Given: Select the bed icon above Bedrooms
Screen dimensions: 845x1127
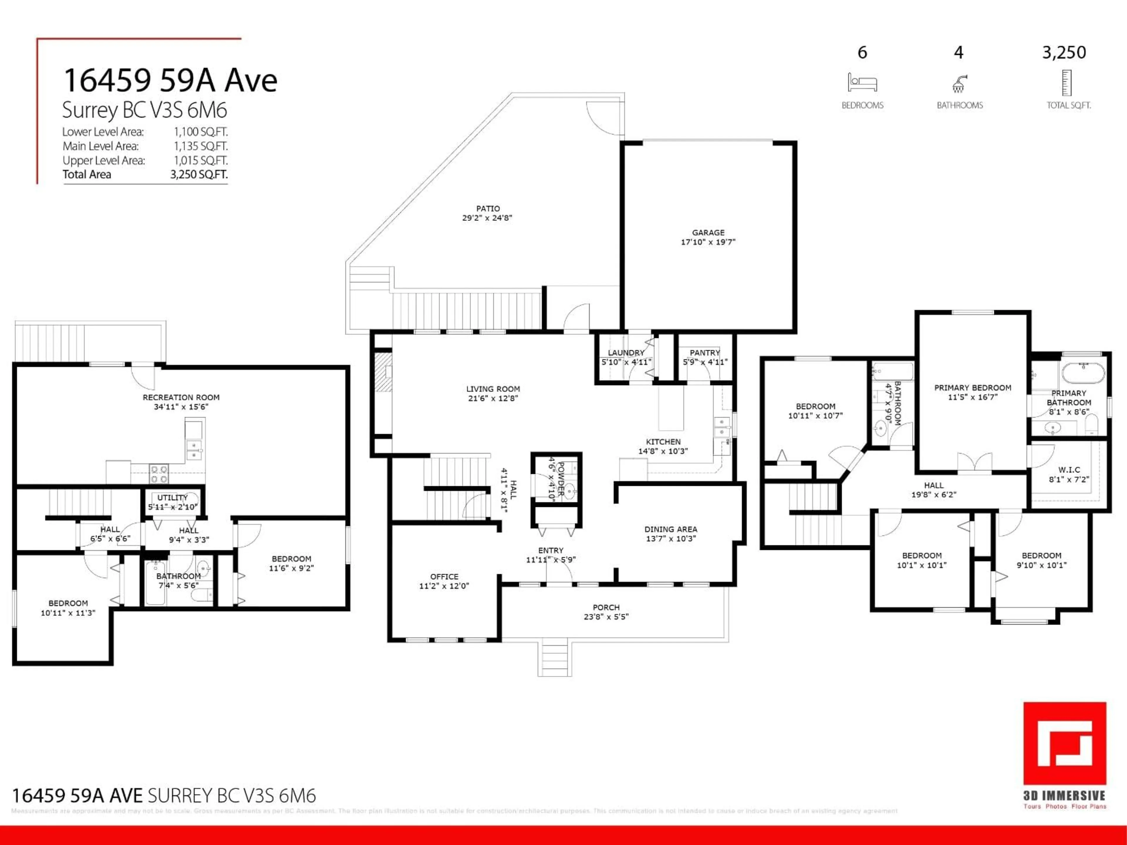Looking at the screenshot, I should pyautogui.click(x=862, y=82).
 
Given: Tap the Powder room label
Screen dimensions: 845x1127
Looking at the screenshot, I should pyautogui.click(x=561, y=479).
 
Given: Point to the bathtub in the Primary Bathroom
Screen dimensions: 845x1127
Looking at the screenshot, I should pyautogui.click(x=1083, y=372).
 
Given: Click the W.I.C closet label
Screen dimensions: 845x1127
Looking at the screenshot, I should pyautogui.click(x=1069, y=470).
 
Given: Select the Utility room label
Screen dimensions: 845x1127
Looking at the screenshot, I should pyautogui.click(x=172, y=498).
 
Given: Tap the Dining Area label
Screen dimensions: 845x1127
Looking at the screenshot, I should pyautogui.click(x=671, y=529).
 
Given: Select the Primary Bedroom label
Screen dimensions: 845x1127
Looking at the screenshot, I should pyautogui.click(x=972, y=388).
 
